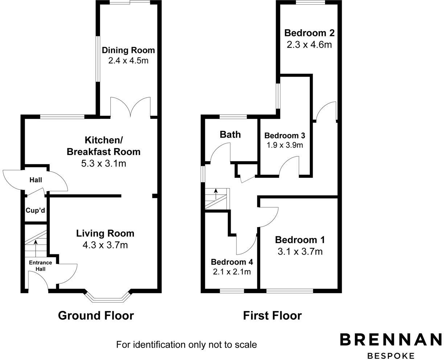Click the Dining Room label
pos(128,50)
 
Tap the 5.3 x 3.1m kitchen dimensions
pos(103,163)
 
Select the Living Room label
pos(105,233)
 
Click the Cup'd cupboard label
pos(35,210)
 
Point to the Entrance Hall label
pos(40,266)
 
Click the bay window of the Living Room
pos(107,298)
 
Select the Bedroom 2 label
pos(309,33)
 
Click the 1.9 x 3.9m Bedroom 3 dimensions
pos(284,145)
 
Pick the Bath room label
pos(230,135)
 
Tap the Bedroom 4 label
pos(232,262)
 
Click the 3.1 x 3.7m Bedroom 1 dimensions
pos(300,251)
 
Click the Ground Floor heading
pos(96,316)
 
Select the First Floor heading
pos(272,316)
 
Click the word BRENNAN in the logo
pos(390,340)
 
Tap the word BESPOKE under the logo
pos(391,356)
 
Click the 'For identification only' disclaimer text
pos(186,344)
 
